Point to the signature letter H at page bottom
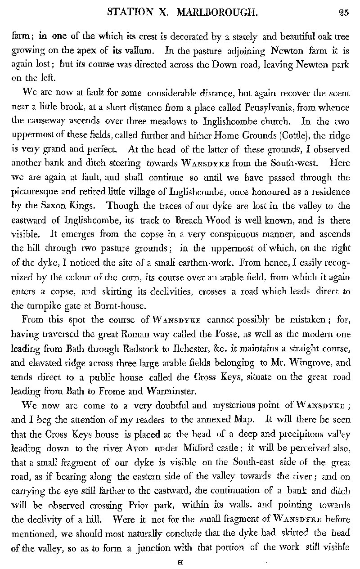click(x=180, y=561)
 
